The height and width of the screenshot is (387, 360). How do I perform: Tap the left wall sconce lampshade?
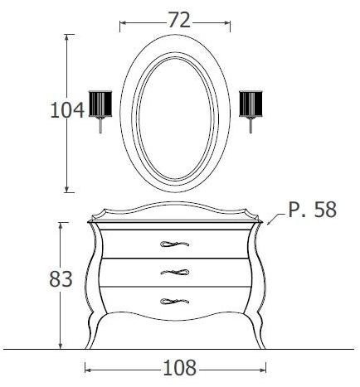coord(100,104)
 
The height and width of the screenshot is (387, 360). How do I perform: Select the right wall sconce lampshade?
coord(250,104)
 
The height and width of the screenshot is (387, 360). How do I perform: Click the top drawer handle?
coord(175,244)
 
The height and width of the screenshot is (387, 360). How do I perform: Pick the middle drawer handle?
coord(175,272)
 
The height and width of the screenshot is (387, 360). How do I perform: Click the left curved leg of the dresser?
coord(98,327)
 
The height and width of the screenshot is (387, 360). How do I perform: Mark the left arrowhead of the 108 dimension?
coord(87,365)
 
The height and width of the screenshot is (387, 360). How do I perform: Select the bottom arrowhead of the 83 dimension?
coord(60,346)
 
